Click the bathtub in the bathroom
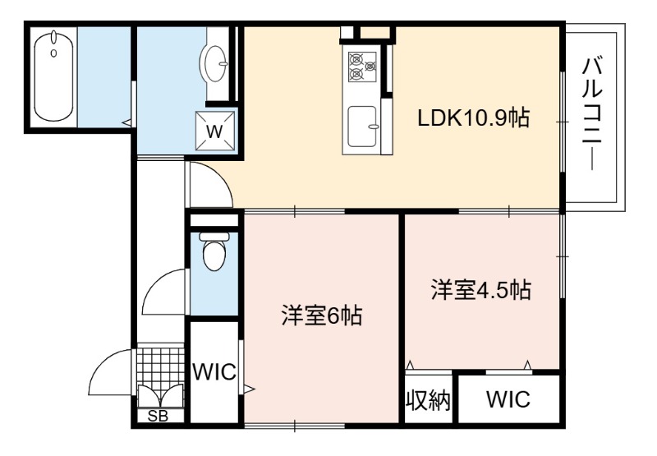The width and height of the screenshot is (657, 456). (x=53, y=76)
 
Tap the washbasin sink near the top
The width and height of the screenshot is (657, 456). (x=214, y=63)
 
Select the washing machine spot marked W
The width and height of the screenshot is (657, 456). (x=215, y=131)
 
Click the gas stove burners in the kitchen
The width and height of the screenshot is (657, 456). (x=362, y=67)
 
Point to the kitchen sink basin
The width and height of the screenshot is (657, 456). (x=363, y=127)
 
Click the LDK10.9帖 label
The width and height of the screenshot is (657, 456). (x=474, y=118)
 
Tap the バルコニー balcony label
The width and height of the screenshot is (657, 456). (x=592, y=114)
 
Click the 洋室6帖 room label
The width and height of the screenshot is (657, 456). (x=321, y=316)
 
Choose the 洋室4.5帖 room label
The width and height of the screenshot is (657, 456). (x=481, y=290)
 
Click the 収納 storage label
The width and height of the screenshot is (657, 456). (x=428, y=400)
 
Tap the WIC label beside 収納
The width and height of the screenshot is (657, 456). (x=508, y=399)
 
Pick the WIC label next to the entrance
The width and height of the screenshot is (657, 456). (x=214, y=371)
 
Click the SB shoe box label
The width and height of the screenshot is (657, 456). (x=159, y=417)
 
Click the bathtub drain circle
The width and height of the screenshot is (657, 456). (x=53, y=53)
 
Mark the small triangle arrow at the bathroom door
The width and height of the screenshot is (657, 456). (x=126, y=122)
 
